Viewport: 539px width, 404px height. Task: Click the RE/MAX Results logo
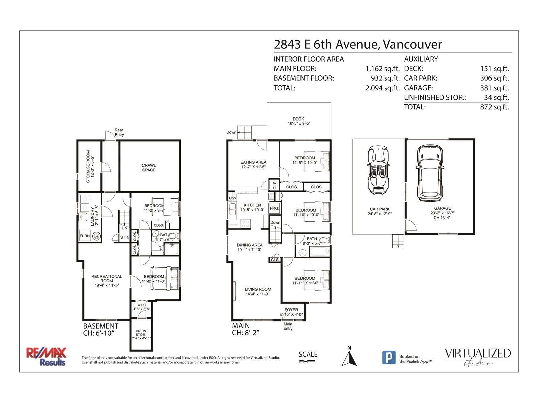pos(46,357)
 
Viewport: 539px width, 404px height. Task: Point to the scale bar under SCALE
pos(307,361)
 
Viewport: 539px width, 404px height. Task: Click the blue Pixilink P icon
pos(389,358)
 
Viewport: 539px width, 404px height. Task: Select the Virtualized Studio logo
pos(478,357)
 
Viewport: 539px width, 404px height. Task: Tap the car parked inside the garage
pos(430,173)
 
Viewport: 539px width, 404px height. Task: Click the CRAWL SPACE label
pos(149,168)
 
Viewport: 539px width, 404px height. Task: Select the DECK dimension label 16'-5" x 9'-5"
pos(299,123)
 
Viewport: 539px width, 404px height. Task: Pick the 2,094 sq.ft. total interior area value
pos(382,88)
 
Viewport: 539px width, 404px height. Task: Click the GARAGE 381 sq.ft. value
pos(495,88)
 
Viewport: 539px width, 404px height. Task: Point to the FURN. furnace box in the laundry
pos(85,236)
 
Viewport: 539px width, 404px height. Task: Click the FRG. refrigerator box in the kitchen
pos(274,208)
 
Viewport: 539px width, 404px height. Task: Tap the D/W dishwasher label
pos(233,198)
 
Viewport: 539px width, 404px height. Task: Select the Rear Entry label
pos(119,132)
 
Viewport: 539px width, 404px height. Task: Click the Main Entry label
pos(288,326)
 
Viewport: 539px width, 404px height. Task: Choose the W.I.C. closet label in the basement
pos(142,305)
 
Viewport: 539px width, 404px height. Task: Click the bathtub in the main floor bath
pos(319,252)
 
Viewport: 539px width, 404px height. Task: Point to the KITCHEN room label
pos(252,205)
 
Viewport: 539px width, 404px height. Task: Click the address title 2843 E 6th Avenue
pos(325,44)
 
